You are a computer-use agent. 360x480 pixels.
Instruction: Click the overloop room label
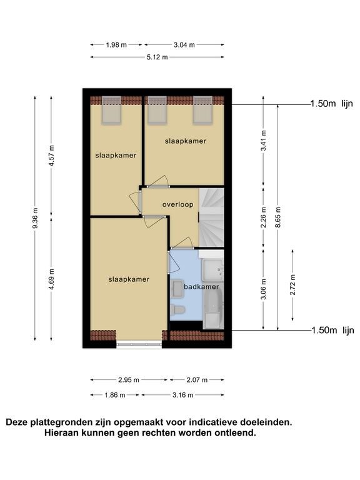(178, 204)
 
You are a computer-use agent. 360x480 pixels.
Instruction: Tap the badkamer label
(201, 287)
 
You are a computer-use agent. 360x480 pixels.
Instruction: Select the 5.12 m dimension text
(157, 57)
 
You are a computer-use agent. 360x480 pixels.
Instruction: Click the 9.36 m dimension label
(36, 217)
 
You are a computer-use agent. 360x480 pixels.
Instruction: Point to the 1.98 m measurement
(116, 45)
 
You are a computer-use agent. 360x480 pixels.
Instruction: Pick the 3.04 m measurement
(184, 45)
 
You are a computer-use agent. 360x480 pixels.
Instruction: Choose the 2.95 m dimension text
(129, 380)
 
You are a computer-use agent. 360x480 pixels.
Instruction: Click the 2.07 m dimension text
(197, 380)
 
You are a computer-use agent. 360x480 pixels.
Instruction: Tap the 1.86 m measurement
(115, 395)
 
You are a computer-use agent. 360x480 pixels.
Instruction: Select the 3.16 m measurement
(182, 395)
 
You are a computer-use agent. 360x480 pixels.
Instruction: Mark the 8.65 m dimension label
(278, 217)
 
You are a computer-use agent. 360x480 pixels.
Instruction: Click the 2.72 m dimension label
(292, 285)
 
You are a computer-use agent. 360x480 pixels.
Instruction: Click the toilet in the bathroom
(177, 309)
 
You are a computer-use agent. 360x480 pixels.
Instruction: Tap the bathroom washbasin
(177, 289)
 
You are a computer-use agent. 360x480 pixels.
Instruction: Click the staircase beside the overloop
(211, 217)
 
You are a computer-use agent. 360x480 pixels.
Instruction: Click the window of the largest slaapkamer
(139, 344)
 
